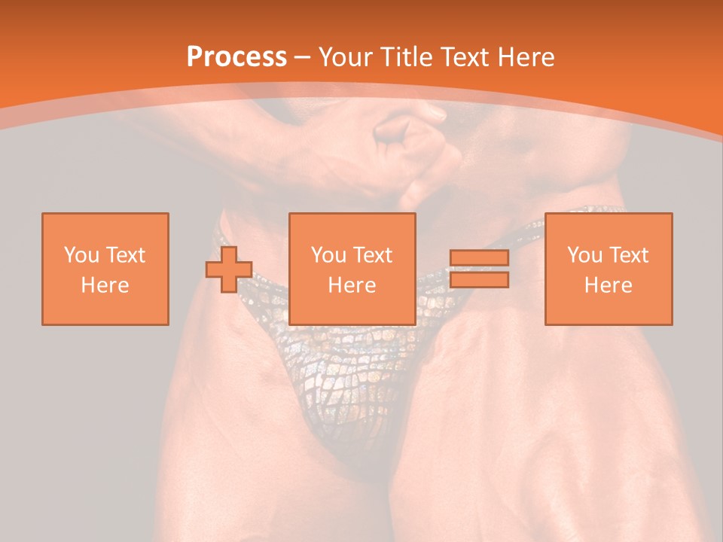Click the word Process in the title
point(236,57)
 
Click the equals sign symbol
point(479,269)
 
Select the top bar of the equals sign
point(479,258)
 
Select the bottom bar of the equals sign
point(479,279)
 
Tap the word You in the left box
point(81,255)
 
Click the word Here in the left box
point(105,285)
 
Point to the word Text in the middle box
point(372,255)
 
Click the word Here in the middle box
point(352,285)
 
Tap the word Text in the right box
point(628,255)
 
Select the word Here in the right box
point(608,285)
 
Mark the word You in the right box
point(584,255)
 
